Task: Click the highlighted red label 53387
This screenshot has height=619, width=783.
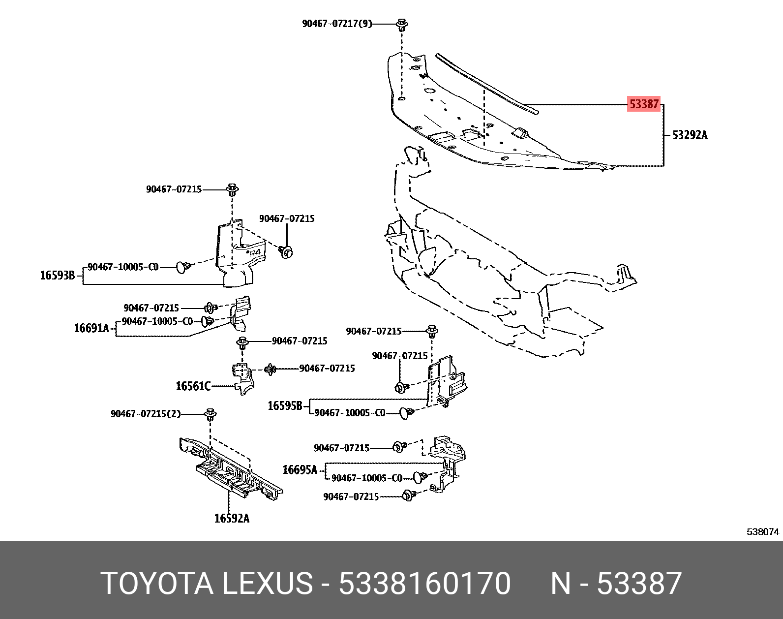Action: click(643, 104)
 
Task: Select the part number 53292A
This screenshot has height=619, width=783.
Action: click(690, 135)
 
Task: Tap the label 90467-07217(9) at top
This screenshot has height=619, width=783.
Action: click(337, 24)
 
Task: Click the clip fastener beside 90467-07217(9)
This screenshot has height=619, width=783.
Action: click(402, 25)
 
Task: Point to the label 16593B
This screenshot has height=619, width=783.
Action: click(57, 276)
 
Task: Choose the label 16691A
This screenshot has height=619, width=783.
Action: click(91, 328)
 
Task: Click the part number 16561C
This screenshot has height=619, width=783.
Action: click(193, 386)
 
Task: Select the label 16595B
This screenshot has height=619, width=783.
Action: click(285, 406)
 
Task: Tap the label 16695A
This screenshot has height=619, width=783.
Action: click(300, 470)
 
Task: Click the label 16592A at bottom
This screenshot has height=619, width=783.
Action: click(232, 518)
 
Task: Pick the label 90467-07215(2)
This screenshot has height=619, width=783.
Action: click(146, 414)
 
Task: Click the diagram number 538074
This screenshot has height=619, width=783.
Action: click(763, 531)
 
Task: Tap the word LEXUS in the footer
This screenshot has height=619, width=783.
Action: click(267, 584)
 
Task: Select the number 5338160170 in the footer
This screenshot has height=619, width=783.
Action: click(424, 584)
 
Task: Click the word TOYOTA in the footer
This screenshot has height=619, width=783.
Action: click(157, 584)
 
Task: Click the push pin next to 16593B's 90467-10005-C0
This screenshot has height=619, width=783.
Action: click(183, 267)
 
